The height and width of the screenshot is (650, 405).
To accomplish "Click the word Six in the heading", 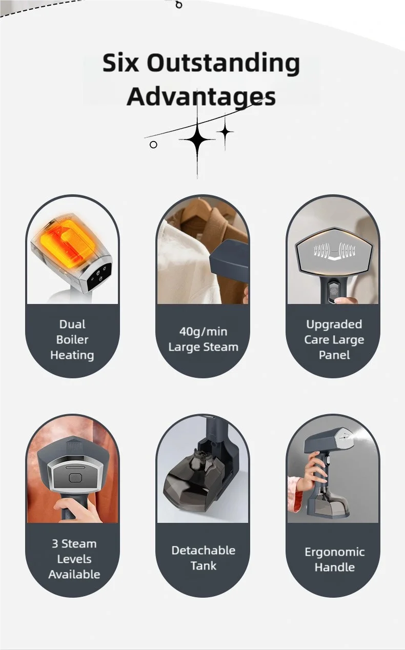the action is tap(120, 63).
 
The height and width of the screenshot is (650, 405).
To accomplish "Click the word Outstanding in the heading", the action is tap(223, 64).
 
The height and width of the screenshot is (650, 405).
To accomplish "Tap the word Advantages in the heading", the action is tap(201, 97).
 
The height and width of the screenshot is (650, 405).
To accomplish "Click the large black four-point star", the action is tap(197, 139).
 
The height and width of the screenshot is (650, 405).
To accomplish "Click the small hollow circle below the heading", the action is tap(153, 145).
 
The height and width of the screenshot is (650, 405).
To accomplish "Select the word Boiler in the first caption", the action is tap(72, 339).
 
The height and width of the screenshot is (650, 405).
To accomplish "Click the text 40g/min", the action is tap(203, 332).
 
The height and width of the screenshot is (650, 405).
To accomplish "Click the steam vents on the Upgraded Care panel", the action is tap(334, 250).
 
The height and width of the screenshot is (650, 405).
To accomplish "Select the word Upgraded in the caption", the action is tap(334, 324).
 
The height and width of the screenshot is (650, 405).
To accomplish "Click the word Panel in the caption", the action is tap(334, 355).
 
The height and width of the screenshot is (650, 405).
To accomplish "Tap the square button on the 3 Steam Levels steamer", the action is tap(75, 478).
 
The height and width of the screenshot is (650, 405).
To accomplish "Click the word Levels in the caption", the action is tap(74, 559).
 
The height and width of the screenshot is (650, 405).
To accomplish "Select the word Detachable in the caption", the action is tap(204, 550).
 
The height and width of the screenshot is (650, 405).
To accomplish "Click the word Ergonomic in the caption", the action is tap(334, 552).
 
